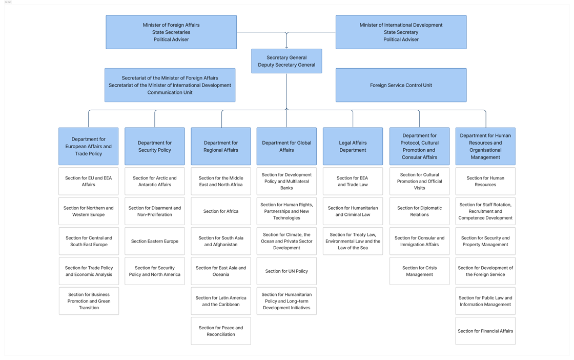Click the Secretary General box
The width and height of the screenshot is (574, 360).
click(x=286, y=61)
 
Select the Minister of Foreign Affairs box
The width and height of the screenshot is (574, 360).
click(x=171, y=32)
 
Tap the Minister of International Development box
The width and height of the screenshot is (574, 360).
click(x=401, y=32)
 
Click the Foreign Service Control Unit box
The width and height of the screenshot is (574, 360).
click(x=401, y=85)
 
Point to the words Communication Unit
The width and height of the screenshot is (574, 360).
click(x=170, y=92)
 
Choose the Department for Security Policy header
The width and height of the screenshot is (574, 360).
click(x=155, y=146)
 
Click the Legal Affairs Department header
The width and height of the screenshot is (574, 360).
click(x=353, y=146)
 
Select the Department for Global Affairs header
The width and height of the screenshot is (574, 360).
click(x=286, y=146)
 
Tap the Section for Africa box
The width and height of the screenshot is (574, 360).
click(x=221, y=211)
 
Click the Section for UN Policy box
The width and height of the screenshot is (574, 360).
click(x=286, y=271)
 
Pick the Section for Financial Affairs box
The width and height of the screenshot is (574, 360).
click(x=485, y=331)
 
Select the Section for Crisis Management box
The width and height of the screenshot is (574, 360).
click(x=419, y=271)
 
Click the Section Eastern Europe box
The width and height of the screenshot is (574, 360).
click(x=155, y=241)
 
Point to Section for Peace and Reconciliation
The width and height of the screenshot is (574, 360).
click(x=221, y=331)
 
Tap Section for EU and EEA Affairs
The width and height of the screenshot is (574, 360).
click(x=89, y=181)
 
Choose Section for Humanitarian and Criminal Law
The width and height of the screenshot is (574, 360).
click(x=353, y=211)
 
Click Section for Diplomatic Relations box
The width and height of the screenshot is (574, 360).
click(x=419, y=211)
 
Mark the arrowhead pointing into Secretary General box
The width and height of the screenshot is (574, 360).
click(x=286, y=47)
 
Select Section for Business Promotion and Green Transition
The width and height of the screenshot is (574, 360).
click(x=89, y=301)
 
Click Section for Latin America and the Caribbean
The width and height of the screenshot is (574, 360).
click(x=221, y=301)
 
